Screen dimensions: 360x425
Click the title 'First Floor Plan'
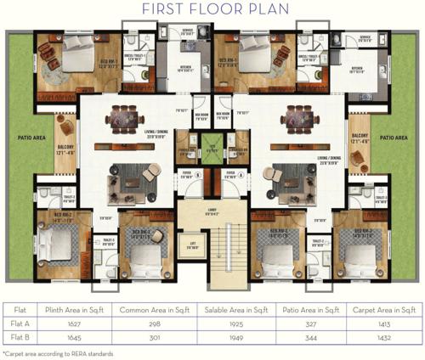coord(212,10)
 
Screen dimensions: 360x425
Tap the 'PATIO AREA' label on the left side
coord(26,137)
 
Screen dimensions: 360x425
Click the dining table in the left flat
coord(140,118)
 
